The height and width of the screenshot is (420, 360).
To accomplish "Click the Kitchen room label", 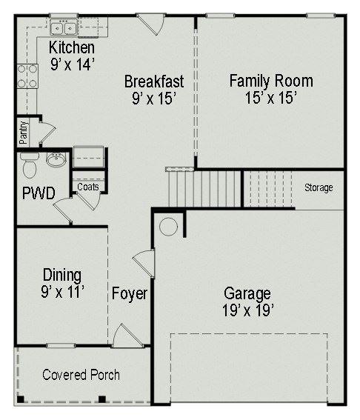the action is [72, 47].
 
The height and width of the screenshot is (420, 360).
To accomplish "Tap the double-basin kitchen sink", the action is [64, 27].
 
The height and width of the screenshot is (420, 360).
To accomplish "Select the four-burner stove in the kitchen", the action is [27, 76].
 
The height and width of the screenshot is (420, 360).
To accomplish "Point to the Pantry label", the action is [24, 133].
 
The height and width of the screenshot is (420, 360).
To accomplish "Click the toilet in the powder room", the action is [30, 165].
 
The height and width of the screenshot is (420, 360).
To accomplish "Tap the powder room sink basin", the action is [56, 160].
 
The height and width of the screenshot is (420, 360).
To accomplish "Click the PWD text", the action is [39, 193].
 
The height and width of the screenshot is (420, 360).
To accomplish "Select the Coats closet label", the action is [88, 187].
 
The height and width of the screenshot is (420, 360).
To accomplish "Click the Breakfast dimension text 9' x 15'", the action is [154, 99].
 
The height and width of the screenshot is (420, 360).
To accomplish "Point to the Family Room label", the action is [271, 81].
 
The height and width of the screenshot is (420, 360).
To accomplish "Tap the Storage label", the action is [319, 187].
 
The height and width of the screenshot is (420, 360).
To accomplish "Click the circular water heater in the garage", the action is [168, 227].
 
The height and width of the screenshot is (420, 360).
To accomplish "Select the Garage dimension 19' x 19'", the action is [247, 310].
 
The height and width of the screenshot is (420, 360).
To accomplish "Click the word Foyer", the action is [130, 293].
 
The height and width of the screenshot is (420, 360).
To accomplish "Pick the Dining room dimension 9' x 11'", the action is [62, 292].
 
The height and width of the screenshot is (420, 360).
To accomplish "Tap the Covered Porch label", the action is [81, 375].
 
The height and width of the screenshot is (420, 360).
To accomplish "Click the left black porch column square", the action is [21, 399].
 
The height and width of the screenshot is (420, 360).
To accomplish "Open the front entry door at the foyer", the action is [128, 336].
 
